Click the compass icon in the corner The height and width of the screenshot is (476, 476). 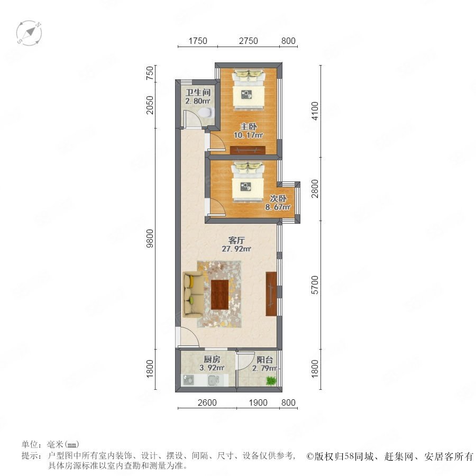click(29, 33)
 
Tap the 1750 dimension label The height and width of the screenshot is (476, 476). click(198, 41)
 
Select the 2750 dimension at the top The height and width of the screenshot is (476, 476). click(249, 41)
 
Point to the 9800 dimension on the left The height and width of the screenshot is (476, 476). click(150, 239)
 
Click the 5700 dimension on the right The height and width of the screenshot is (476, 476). click(315, 285)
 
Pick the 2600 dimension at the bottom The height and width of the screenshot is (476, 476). click(207, 402)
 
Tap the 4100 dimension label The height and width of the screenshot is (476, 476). click(315, 111)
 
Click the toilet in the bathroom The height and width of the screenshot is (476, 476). click(206, 112)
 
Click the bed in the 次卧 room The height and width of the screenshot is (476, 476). click(248, 181)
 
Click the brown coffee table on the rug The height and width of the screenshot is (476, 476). click(220, 295)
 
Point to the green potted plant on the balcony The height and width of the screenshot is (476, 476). click(271, 380)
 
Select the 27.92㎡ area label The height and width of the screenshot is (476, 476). click(236, 249)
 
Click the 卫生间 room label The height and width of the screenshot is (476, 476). click(198, 92)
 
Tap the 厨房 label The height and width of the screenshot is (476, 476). click(212, 360)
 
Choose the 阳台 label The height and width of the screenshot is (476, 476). click(265, 360)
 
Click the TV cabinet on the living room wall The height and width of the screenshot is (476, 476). click(271, 294)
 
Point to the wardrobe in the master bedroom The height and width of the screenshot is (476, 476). click(248, 150)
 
